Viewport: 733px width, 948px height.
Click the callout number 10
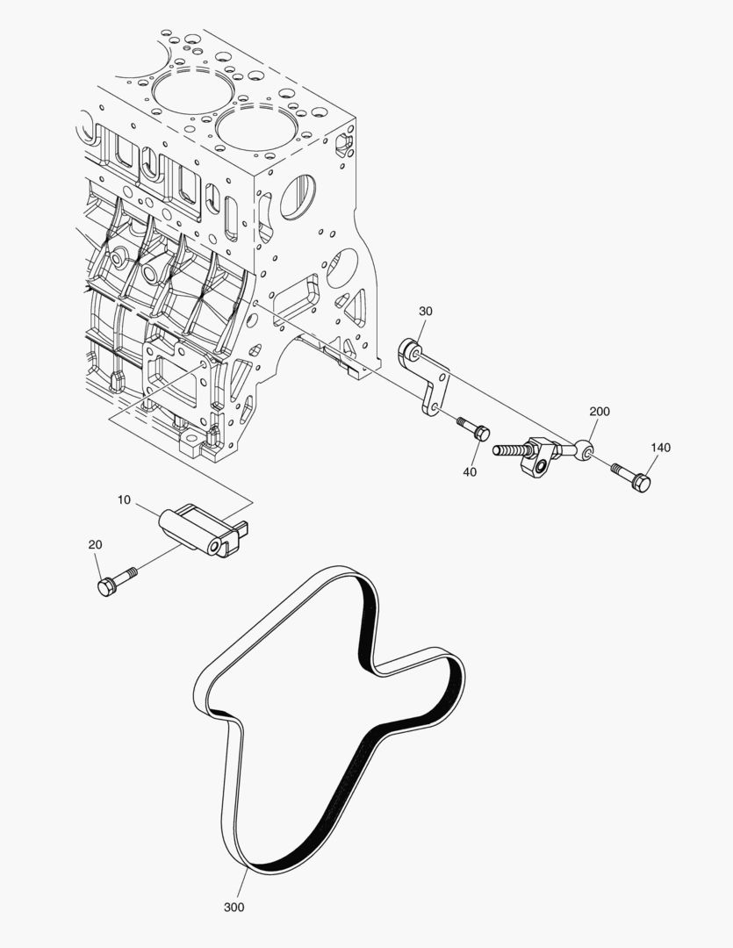pos(123,499)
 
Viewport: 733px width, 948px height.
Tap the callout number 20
pos(95,544)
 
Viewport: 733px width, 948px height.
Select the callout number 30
pos(425,312)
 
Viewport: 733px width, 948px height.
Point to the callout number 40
pos(470,472)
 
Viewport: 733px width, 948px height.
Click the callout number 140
pos(660,448)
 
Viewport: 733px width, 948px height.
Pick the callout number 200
pos(600,412)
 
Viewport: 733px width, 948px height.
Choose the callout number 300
pos(234,907)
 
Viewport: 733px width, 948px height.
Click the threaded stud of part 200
pos(509,451)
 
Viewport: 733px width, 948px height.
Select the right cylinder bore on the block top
pos(255,128)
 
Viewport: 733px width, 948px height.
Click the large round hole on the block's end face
pos(298,197)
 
